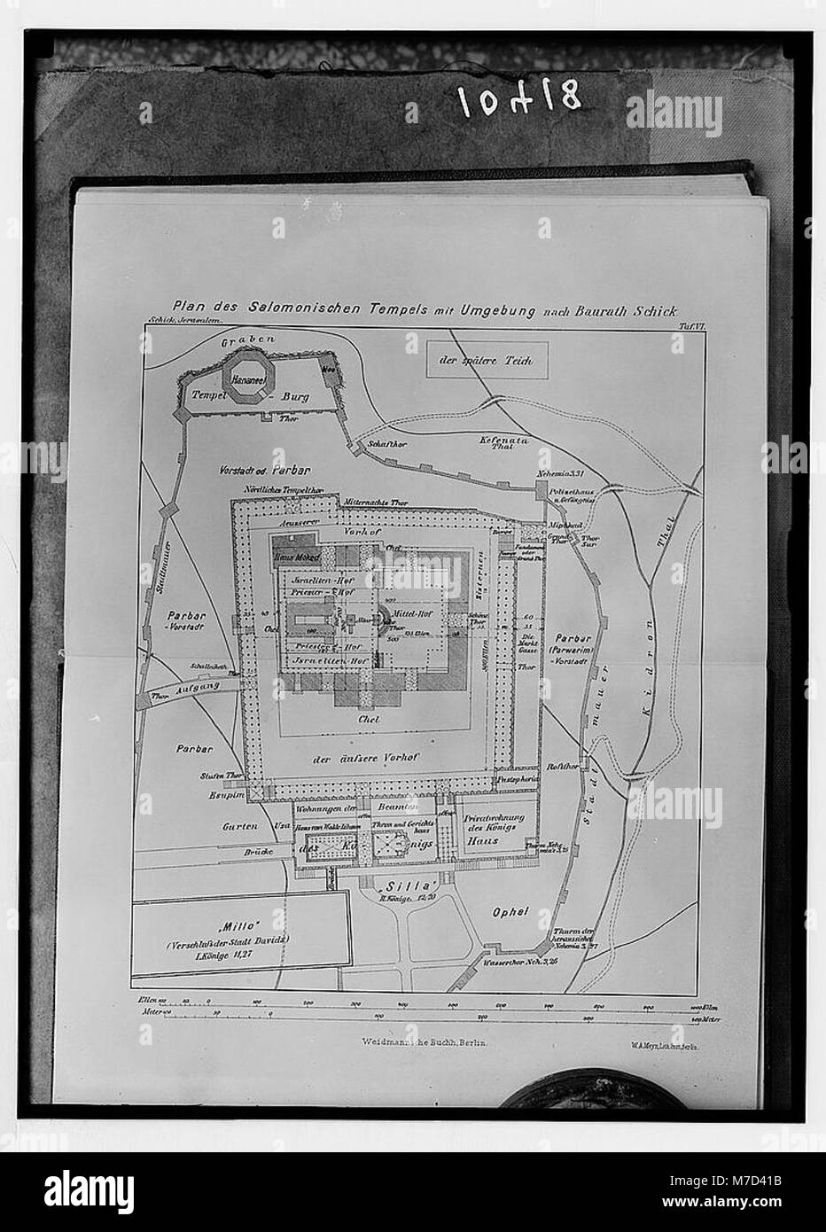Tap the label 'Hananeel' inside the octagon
pos(250,378)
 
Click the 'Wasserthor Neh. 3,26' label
pos(520,960)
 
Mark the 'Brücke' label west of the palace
pos(257,850)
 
